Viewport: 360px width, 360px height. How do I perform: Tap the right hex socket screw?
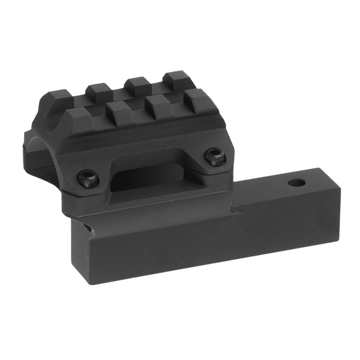(x=215, y=156)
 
